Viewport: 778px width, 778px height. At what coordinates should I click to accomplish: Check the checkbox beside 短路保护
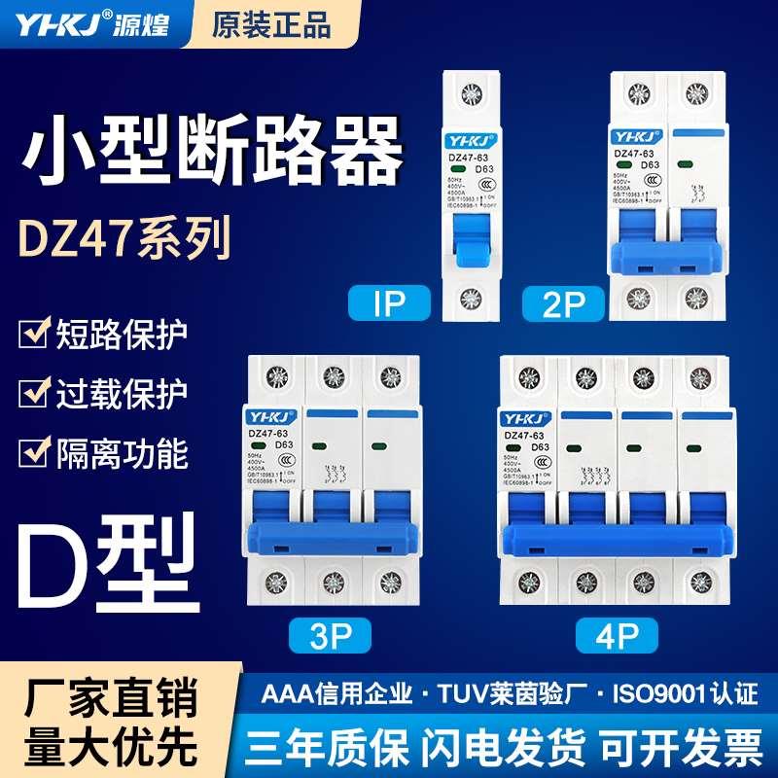pos(34,333)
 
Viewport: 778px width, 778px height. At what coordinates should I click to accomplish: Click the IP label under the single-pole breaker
pos(389,304)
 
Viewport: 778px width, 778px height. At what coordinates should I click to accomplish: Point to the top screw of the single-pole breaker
pos(473,96)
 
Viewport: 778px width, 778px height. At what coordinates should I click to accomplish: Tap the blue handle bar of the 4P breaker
pos(615,538)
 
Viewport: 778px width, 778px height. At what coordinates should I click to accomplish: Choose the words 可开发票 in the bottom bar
pos(681,748)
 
